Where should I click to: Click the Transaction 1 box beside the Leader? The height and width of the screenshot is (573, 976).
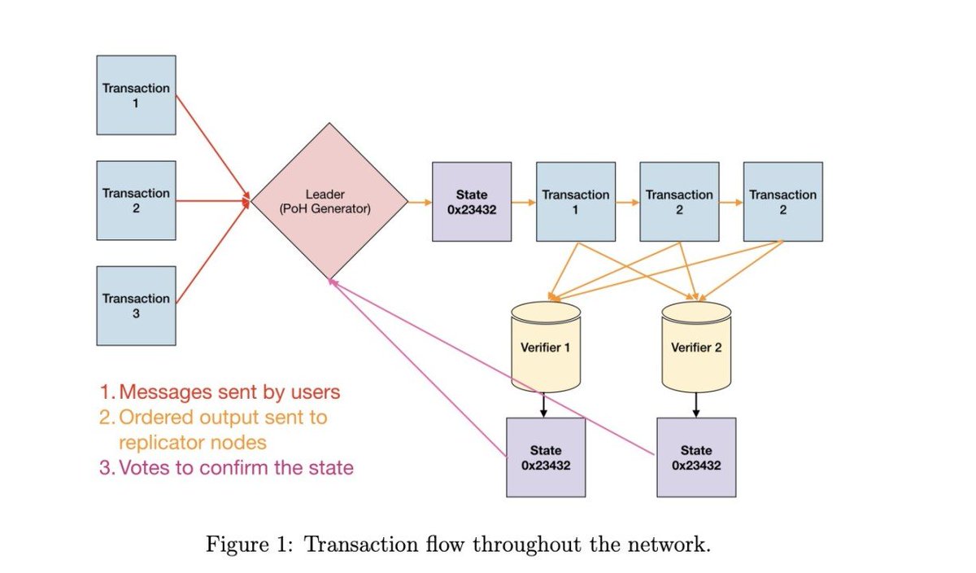pos(136,94)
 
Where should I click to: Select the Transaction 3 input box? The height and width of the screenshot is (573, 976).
pos(136,305)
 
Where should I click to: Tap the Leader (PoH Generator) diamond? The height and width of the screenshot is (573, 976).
pos(329,201)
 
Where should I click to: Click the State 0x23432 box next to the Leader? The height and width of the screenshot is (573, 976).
pos(472,201)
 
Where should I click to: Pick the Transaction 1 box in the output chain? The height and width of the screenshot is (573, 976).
pos(575,201)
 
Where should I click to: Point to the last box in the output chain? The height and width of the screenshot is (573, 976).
pos(782,201)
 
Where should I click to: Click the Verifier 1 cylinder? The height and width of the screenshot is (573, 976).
pos(546,348)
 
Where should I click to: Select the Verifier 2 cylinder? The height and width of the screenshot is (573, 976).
pos(696,348)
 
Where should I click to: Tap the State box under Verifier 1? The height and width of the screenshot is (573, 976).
pos(546,457)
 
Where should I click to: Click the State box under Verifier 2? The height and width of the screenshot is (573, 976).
pos(696,457)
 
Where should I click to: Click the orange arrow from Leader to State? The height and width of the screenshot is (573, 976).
pos(419,201)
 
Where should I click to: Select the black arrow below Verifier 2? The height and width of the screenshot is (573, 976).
pos(696,404)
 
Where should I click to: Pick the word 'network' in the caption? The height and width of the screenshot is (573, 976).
pos(677,545)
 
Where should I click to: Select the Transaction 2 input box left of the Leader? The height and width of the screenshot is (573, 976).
pos(136,200)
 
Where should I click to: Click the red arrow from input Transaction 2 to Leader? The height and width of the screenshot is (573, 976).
pos(211,200)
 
